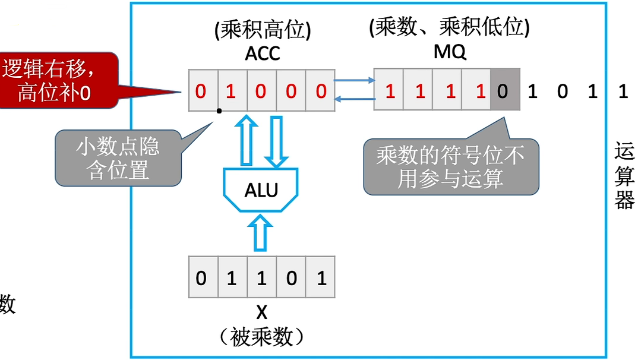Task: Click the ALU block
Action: coord(261,190)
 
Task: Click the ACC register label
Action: coord(262,53)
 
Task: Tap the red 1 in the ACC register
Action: coord(232,91)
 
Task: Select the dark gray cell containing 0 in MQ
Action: coord(504,91)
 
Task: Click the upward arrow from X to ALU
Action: coord(262,233)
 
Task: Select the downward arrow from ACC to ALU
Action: coord(276,141)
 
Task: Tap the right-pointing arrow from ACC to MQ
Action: coord(353,81)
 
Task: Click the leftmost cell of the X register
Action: coord(203,277)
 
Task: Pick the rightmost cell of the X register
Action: coord(321,277)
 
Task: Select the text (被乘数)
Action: coord(261,337)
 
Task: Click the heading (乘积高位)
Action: coord(262,30)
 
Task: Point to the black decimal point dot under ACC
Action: coord(219,111)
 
